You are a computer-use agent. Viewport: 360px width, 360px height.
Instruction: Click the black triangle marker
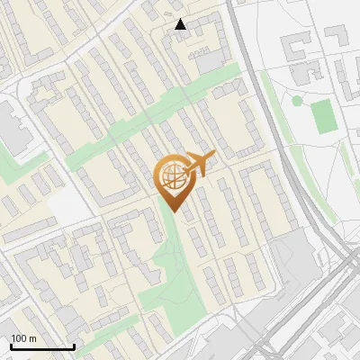181,24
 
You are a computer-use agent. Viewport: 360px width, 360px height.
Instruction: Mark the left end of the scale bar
11,347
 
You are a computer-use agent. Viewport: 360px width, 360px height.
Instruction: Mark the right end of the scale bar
74,347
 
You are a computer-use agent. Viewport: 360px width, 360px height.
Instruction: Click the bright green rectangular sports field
324,114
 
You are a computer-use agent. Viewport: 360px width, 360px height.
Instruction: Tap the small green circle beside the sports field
297,101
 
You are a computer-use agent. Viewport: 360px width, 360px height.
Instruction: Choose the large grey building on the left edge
11,126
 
